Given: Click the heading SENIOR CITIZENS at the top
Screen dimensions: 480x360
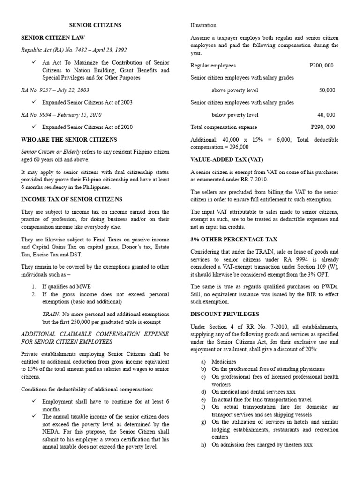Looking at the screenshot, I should point(95,25).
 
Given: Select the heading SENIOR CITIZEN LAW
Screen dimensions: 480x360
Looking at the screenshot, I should point(53,37).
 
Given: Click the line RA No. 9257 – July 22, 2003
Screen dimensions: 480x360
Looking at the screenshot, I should point(55,90).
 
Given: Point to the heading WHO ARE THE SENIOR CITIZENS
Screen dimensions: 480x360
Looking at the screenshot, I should point(69,139).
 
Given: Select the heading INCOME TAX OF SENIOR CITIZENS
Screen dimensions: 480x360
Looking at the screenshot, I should point(71,199).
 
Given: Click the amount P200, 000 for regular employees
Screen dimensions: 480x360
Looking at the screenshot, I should point(322,66).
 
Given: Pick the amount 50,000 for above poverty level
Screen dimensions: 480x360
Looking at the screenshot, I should point(327,90).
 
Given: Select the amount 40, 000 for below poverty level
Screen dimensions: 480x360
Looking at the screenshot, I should point(326,114).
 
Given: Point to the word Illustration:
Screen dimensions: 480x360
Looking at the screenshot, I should point(204,25).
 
